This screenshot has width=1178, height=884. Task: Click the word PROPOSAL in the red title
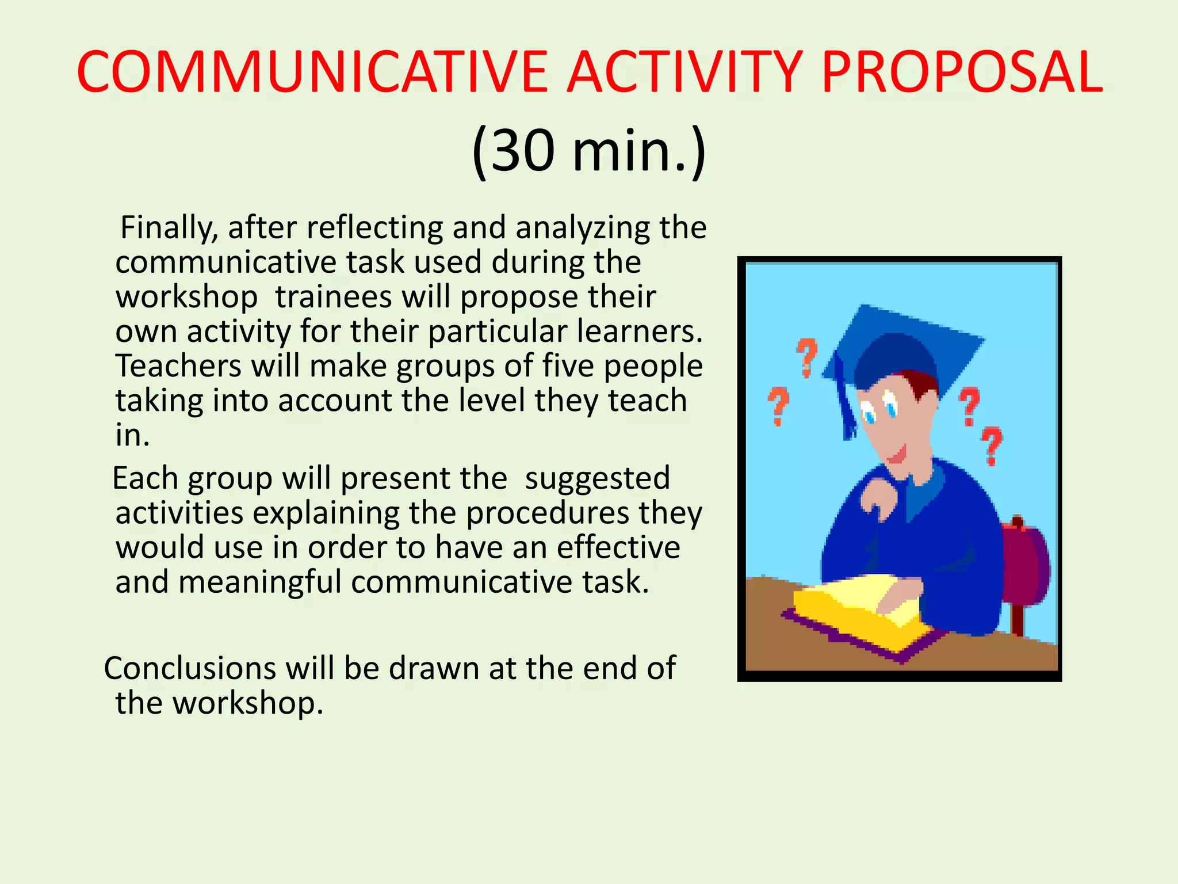pyautogui.click(x=962, y=73)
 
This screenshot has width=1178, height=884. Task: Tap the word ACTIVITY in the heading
pyautogui.click(x=684, y=73)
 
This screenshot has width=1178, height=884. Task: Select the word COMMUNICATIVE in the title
pyautogui.click(x=311, y=73)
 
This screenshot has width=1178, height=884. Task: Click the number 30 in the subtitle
pyautogui.click(x=522, y=151)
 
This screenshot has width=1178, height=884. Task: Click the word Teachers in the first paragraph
pyautogui.click(x=178, y=366)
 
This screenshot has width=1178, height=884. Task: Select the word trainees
pyautogui.click(x=334, y=297)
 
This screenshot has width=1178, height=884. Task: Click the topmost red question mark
pyautogui.click(x=807, y=357)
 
